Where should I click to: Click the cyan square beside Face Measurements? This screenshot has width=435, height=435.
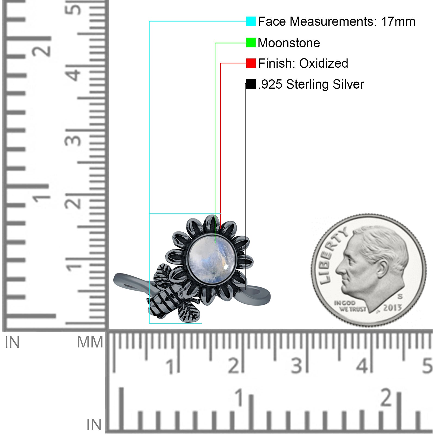click(251, 21)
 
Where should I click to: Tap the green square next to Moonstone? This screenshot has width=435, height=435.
click(251, 43)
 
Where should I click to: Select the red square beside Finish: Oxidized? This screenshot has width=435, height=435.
click(251, 63)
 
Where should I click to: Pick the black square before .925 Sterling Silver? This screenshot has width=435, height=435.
click(251, 84)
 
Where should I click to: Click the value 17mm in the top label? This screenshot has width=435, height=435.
click(398, 21)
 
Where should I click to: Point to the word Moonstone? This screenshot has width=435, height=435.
click(289, 43)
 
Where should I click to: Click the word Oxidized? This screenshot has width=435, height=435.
click(324, 63)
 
